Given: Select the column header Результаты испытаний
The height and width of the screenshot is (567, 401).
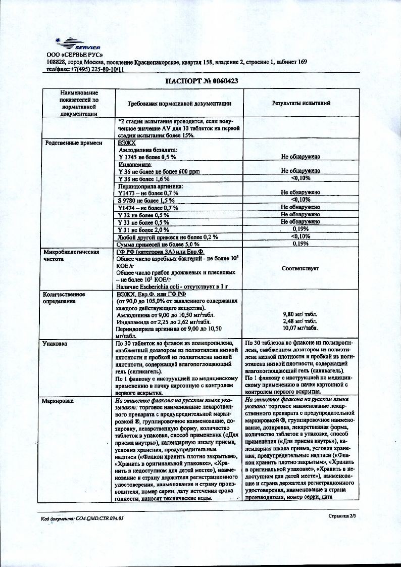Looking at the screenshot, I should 301,103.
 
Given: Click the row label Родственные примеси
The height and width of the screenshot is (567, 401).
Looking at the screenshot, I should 70,143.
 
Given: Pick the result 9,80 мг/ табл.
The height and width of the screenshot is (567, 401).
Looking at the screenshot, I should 300,314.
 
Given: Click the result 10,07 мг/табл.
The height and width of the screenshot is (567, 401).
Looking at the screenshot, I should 300,327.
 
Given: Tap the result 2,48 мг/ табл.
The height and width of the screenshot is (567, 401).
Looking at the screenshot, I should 300,321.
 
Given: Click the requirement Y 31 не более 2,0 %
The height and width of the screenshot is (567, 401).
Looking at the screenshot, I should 142,229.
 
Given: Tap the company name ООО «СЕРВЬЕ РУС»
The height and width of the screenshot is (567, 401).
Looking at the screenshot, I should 75,55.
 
